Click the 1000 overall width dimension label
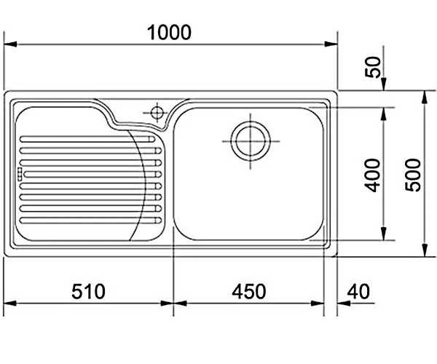pyautogui.click(x=169, y=33)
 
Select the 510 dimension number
pyautogui.click(x=88, y=292)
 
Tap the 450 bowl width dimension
pyautogui.click(x=249, y=292)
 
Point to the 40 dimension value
pyautogui.click(x=358, y=292)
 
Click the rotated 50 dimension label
pyautogui.click(x=373, y=67)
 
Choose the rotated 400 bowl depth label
pyautogui.click(x=373, y=175)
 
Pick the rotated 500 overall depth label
pyautogui.click(x=413, y=175)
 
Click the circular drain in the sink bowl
pyautogui.click(x=251, y=141)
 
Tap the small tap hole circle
pyautogui.click(x=157, y=113)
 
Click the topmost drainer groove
pyautogui.click(x=87, y=139)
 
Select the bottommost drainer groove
pyautogui.click(x=90, y=221)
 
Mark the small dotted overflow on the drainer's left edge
pyautogui.click(x=20, y=174)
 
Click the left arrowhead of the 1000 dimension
pyautogui.click(x=10, y=44)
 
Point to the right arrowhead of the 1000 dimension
pyautogui.click(x=331, y=44)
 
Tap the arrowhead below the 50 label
pyautogui.click(x=384, y=84)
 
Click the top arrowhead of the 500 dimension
pyautogui.click(x=424, y=98)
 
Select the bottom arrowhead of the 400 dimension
pyautogui.click(x=384, y=234)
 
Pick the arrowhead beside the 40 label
pyautogui.click(x=344, y=304)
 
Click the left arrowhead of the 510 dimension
pyautogui.click(x=10, y=304)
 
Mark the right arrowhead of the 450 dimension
pyautogui.click(x=318, y=304)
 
